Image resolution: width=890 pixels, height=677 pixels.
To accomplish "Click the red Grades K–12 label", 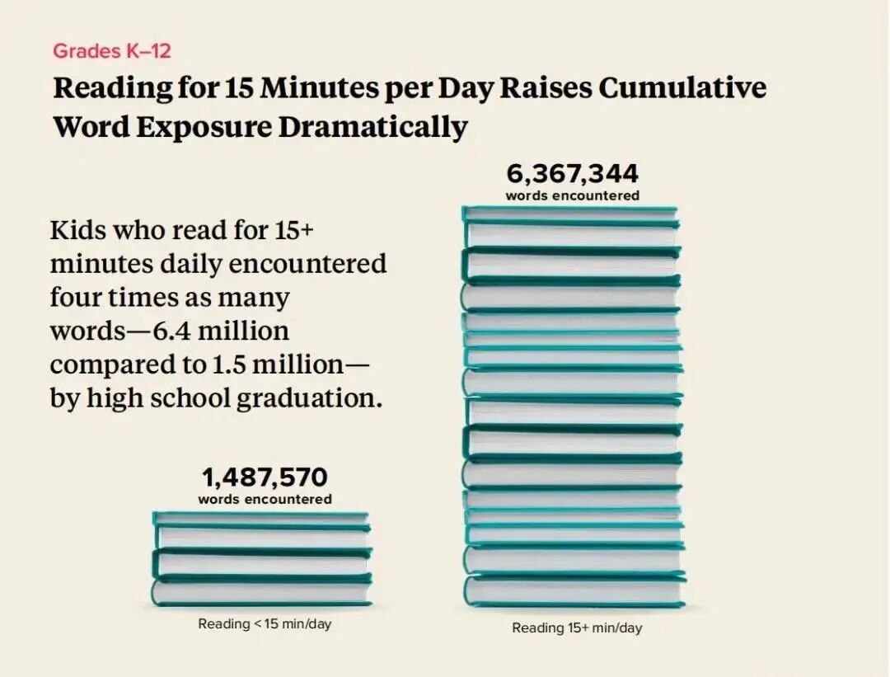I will [111, 50].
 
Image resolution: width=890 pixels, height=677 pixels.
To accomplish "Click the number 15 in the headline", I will [239, 88].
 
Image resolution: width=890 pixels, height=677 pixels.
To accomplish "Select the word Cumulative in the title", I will [682, 88].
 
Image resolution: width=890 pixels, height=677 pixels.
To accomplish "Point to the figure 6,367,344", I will [572, 175].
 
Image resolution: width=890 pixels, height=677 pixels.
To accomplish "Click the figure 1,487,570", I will [265, 477].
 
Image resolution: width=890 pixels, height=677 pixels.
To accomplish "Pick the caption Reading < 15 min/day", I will [265, 624].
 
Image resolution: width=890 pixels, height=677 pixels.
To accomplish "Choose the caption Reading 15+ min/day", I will [577, 628].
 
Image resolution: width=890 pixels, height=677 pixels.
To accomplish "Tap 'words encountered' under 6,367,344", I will [572, 196].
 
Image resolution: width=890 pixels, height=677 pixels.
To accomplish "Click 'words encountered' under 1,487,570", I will [265, 499].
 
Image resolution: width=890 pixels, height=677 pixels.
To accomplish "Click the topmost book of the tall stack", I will [570, 214].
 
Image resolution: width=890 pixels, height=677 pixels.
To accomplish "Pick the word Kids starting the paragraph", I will [77, 230].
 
